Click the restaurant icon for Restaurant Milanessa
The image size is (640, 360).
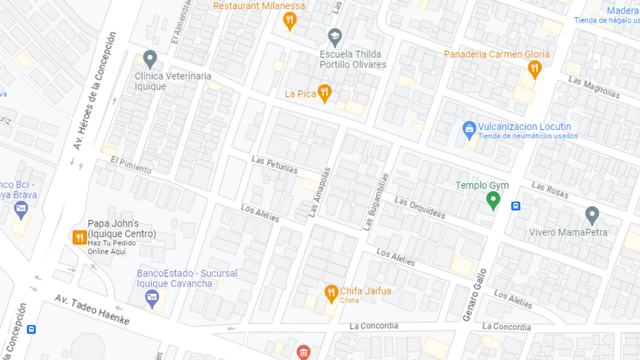289,21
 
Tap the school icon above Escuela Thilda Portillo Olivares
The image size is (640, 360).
335,36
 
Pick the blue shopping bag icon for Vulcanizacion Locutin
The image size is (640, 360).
469,129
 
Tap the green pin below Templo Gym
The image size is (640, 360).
493,201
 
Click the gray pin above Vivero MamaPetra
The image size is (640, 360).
592,215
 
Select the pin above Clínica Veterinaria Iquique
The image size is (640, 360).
149,59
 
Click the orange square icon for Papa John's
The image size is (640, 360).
79,237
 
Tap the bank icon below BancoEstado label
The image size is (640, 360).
152,298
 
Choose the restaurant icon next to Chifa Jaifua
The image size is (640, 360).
331,292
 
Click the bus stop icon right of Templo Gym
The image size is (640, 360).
516,206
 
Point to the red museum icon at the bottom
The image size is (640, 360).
304,352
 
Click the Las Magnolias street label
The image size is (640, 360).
594,87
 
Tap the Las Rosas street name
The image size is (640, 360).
550,190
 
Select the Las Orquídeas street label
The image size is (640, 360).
420,209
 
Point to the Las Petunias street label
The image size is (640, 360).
274,165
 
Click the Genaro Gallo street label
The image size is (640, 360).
474,295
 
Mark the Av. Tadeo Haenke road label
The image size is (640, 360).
91,309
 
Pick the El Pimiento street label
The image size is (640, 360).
131,165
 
